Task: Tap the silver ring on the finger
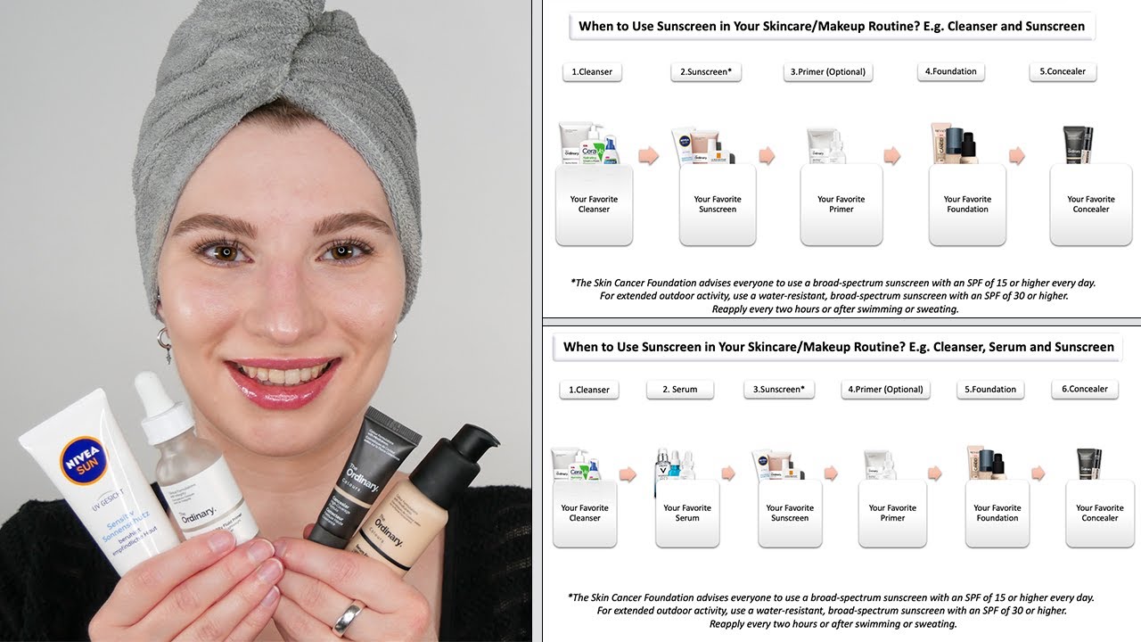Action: (x=349, y=616)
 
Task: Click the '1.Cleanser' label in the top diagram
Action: (x=592, y=72)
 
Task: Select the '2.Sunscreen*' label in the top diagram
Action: (x=706, y=72)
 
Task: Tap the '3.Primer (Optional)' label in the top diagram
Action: (x=827, y=72)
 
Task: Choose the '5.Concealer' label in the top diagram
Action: (x=1062, y=71)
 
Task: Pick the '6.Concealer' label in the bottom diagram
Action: (x=1084, y=389)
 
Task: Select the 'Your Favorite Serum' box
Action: (x=687, y=514)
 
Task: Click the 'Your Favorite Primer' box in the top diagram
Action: (x=841, y=205)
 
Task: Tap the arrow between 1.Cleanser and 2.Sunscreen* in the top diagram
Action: (x=649, y=155)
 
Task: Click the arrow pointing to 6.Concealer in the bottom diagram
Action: (x=1038, y=473)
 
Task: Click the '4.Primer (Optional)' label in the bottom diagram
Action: (x=885, y=390)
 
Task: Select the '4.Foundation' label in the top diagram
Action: (x=950, y=71)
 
